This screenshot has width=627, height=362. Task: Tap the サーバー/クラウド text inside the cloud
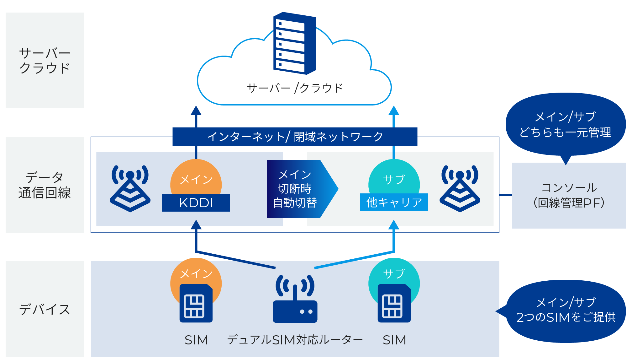pyautogui.click(x=295, y=88)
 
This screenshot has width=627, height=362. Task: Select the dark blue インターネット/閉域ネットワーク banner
pyautogui.click(x=295, y=137)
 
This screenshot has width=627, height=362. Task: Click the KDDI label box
pyautogui.click(x=196, y=203)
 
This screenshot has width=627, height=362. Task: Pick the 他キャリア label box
pyautogui.click(x=394, y=203)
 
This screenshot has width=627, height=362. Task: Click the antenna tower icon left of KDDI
pyautogui.click(x=130, y=188)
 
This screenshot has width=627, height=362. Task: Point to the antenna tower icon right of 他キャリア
pyautogui.click(x=460, y=188)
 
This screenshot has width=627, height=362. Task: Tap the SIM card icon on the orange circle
pyautogui.click(x=196, y=303)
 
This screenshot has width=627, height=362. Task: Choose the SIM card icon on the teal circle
pyautogui.click(x=394, y=303)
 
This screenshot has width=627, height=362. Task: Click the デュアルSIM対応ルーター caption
pyautogui.click(x=295, y=340)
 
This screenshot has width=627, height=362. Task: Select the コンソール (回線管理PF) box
pyautogui.click(x=569, y=195)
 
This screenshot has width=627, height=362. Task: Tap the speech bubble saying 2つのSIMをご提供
pyautogui.click(x=566, y=311)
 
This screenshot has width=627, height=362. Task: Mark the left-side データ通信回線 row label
pyautogui.click(x=45, y=185)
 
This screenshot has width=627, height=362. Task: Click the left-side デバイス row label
pyautogui.click(x=45, y=309)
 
